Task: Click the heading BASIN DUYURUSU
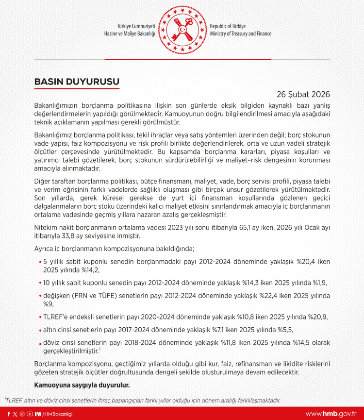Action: (77, 82)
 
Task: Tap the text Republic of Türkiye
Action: (228, 26)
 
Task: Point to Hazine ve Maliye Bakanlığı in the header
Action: (130, 34)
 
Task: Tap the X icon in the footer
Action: (15, 414)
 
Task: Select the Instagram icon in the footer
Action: (22, 414)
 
